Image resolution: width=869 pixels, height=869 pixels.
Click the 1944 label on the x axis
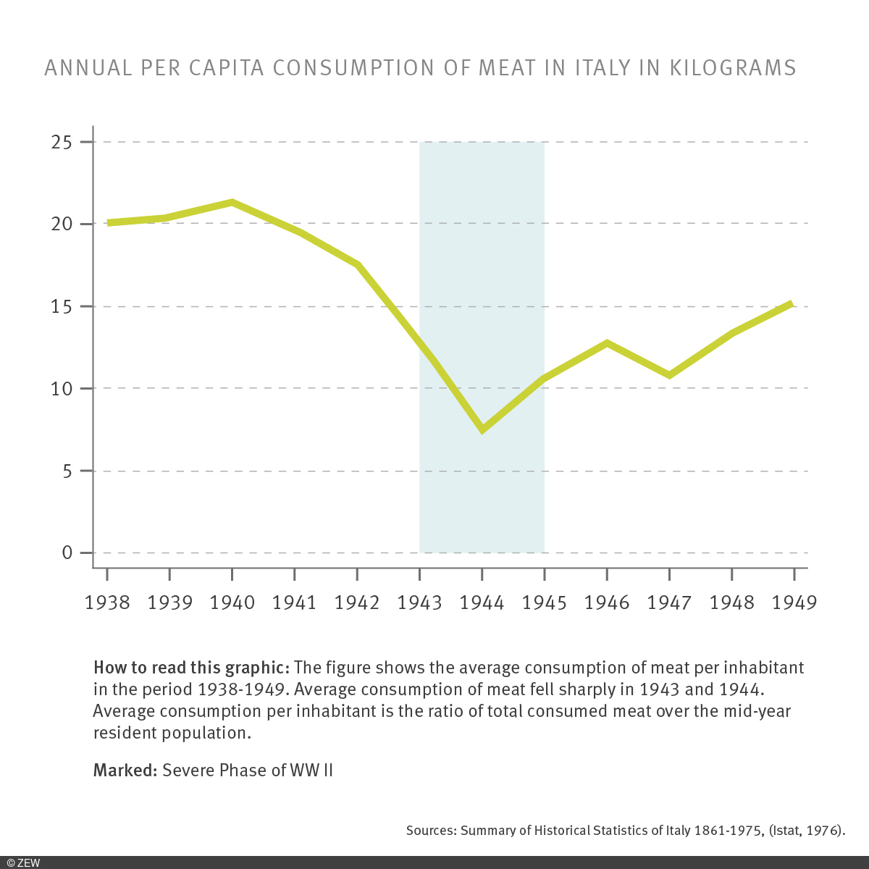(x=482, y=603)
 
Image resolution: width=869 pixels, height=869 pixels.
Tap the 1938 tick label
(x=107, y=603)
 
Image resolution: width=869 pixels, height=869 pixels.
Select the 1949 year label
(x=794, y=603)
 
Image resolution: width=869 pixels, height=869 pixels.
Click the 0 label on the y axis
(x=67, y=553)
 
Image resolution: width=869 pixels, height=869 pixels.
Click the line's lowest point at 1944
(x=482, y=429)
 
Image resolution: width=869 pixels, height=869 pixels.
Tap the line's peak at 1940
(x=232, y=203)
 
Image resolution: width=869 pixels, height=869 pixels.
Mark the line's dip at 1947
(x=669, y=374)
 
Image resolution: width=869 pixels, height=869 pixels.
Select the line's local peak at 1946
(x=607, y=343)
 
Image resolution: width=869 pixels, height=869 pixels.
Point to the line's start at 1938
(x=109, y=222)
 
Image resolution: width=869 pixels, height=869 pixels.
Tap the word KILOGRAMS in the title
(x=732, y=67)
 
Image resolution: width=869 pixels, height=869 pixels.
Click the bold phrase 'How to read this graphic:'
(x=191, y=667)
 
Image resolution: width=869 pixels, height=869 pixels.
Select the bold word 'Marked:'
(x=125, y=770)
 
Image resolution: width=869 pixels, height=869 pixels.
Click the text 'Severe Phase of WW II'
(x=248, y=770)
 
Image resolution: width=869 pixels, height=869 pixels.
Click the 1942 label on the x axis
(x=357, y=603)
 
